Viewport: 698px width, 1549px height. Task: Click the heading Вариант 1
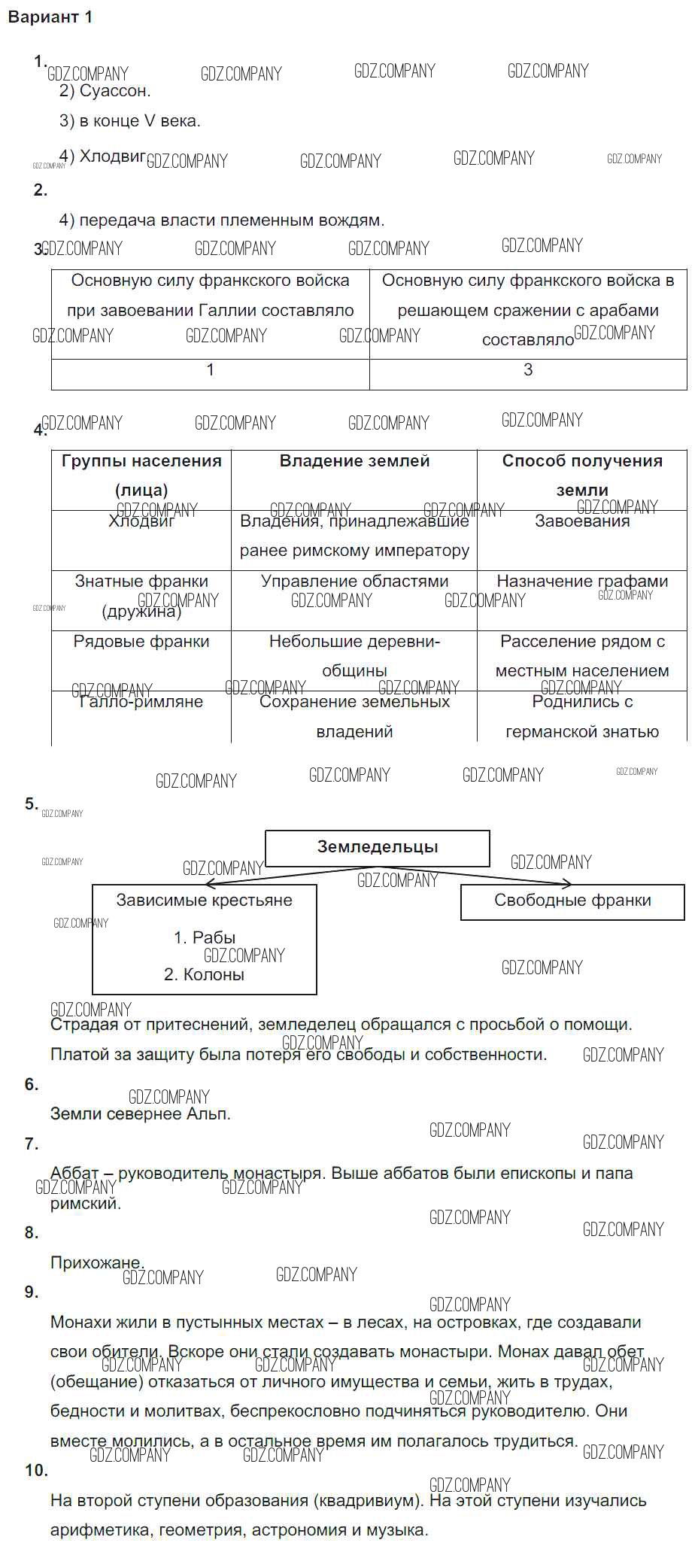[50, 17]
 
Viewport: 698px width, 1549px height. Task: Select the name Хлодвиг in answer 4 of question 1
[113, 156]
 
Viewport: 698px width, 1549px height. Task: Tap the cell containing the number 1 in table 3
[211, 370]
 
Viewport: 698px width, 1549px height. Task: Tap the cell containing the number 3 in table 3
[528, 370]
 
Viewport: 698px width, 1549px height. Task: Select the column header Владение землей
[354, 461]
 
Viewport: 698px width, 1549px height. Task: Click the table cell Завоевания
[582, 521]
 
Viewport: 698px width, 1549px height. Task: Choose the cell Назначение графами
[582, 582]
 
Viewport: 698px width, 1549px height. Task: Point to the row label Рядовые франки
[141, 642]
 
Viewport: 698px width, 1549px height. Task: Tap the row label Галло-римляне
[141, 702]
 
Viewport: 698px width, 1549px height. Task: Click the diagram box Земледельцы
[378, 847]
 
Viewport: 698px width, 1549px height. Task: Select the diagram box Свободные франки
[572, 901]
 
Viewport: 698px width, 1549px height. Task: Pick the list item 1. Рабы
[205, 938]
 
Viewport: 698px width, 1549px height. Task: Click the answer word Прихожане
[96, 1263]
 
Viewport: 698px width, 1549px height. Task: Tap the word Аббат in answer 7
[74, 1174]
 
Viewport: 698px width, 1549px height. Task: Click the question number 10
[36, 1471]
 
